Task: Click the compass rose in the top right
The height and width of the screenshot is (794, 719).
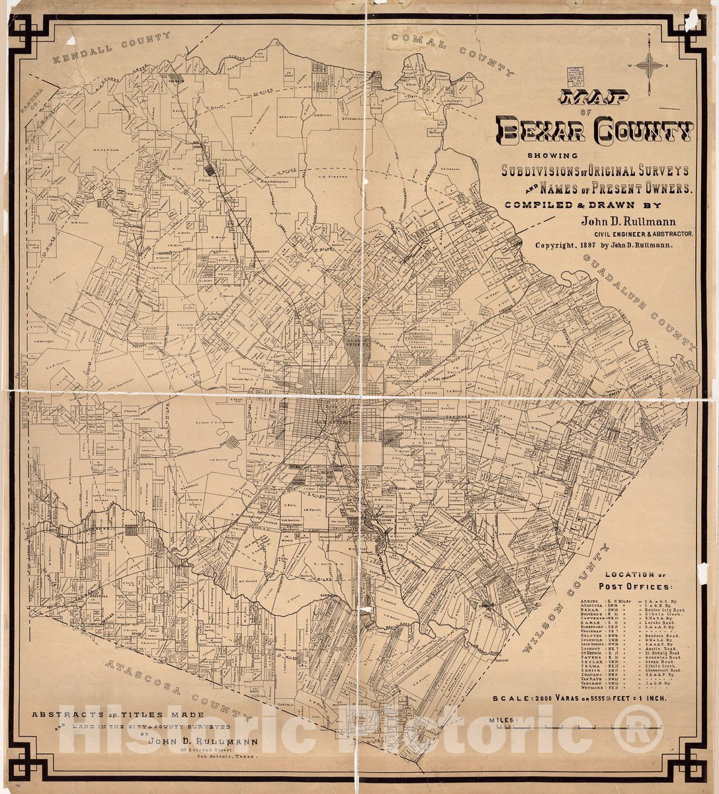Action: point(652,65)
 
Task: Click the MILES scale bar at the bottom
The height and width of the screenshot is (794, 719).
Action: point(575,726)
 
